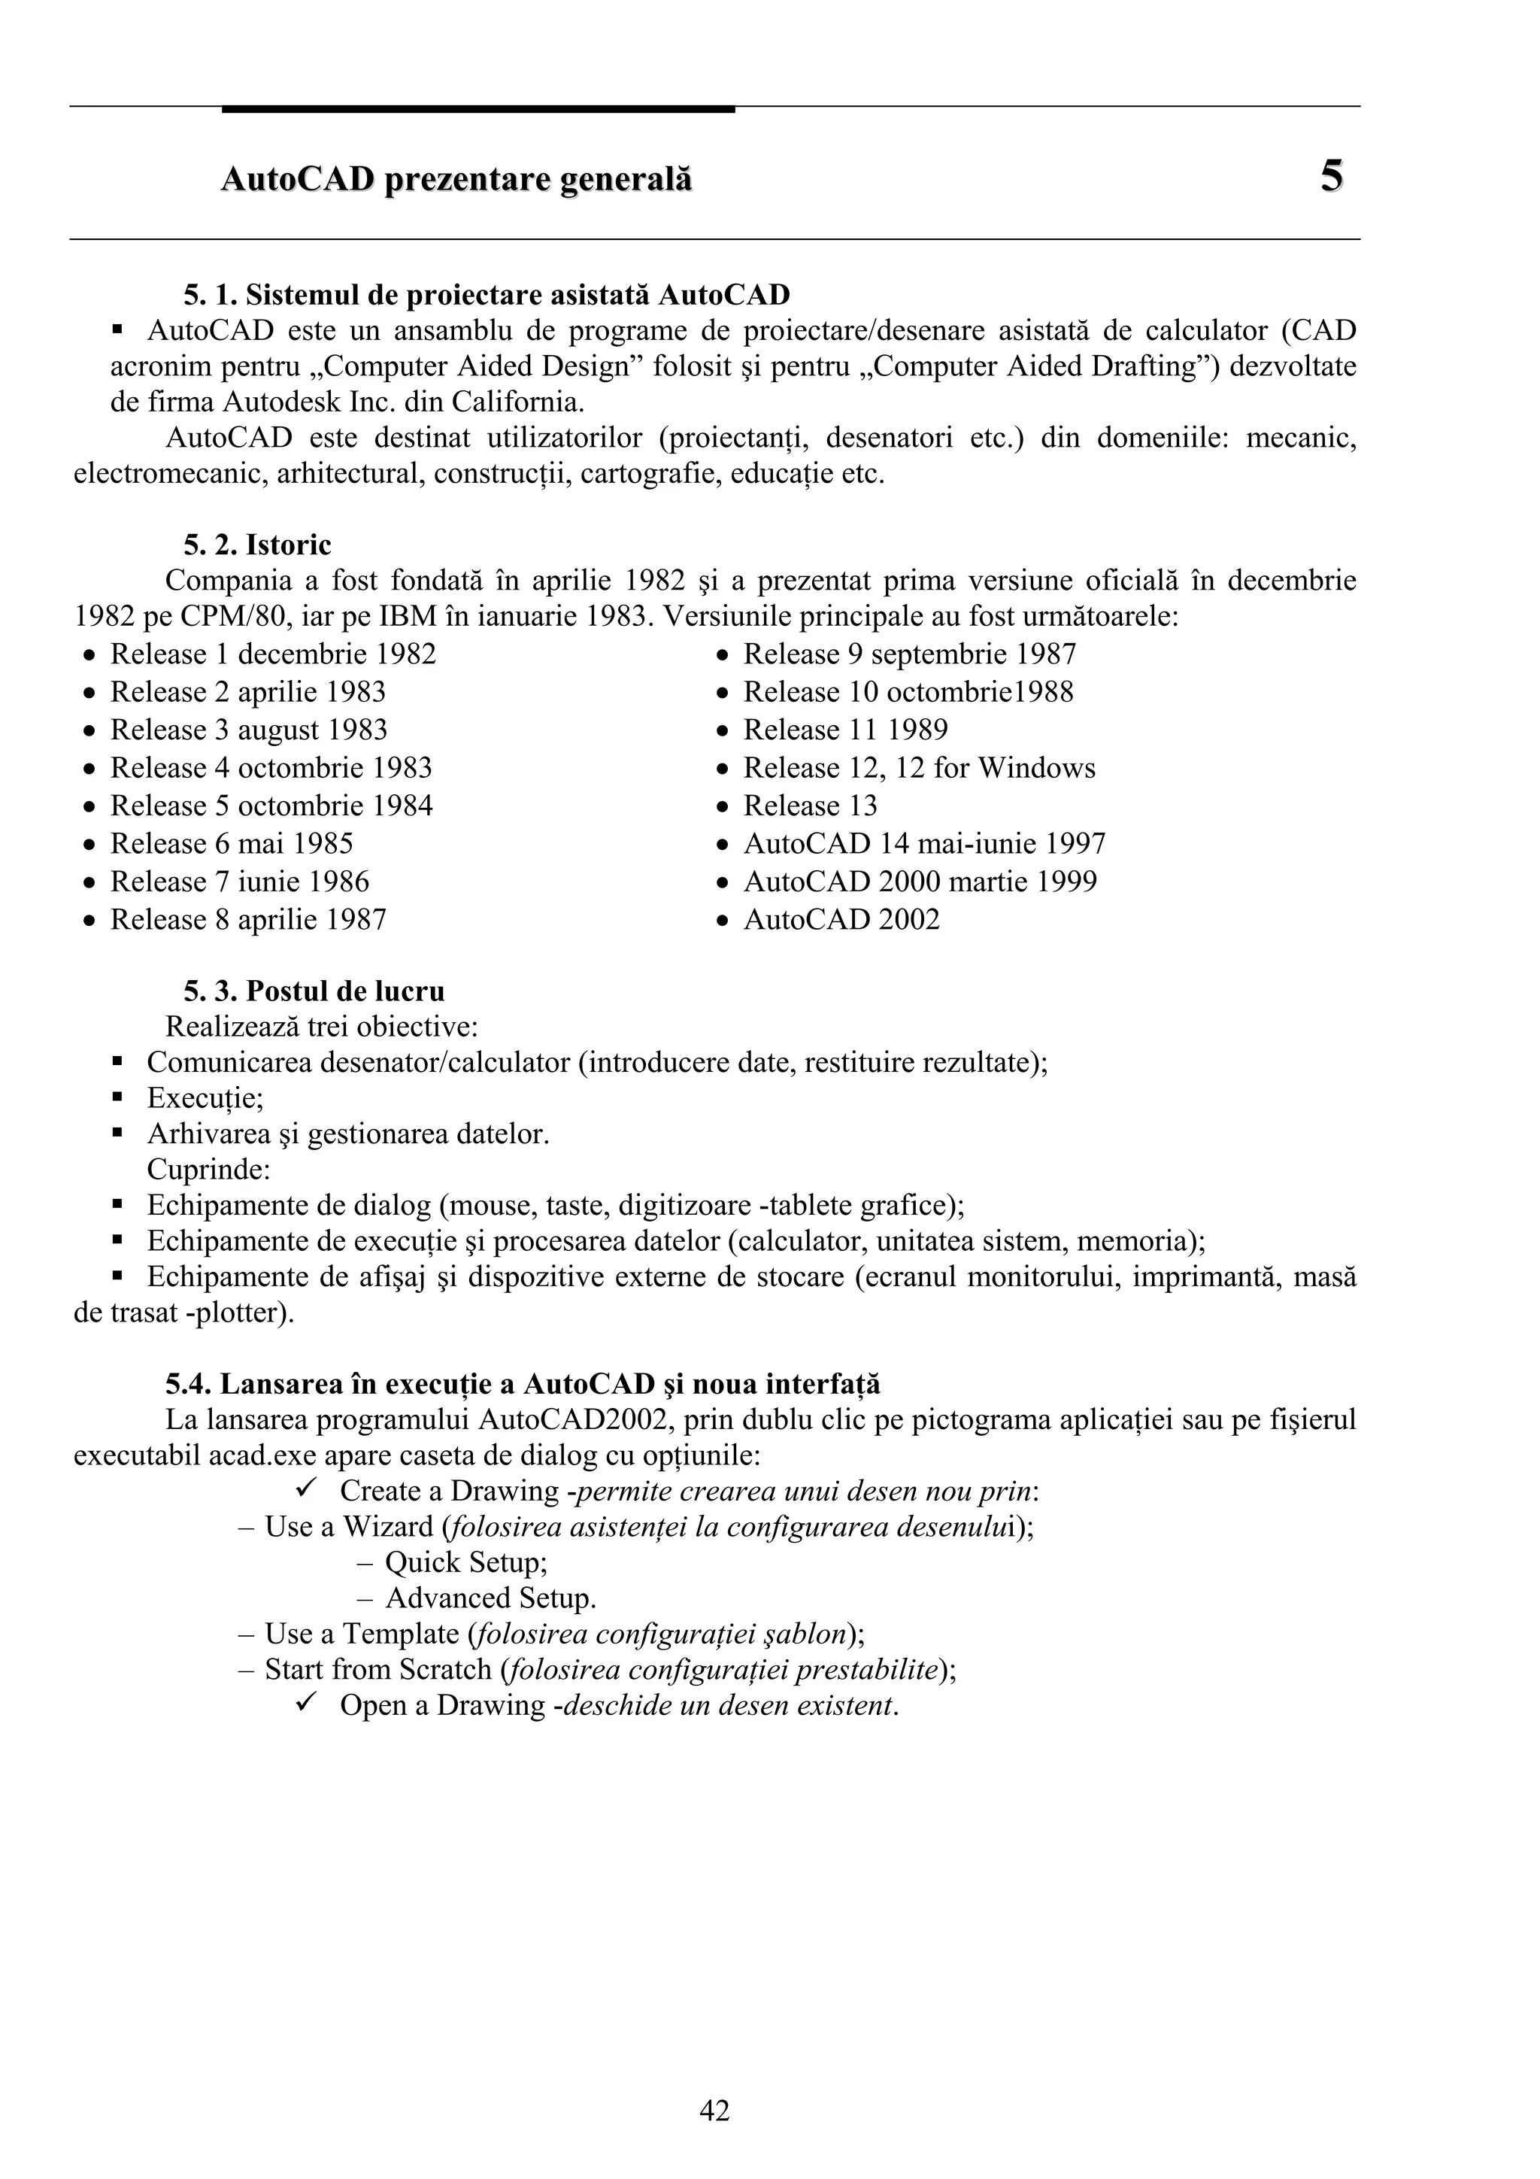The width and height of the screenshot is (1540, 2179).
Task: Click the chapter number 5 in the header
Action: pos(1331,177)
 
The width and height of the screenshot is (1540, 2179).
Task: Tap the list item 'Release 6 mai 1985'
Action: pos(232,844)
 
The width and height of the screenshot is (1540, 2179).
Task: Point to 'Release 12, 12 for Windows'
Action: pos(918,768)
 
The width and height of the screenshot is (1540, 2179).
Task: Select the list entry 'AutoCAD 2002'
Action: pos(841,920)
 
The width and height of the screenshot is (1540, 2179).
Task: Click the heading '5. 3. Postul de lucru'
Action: pos(314,992)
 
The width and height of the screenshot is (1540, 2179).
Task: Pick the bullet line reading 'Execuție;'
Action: pos(205,1098)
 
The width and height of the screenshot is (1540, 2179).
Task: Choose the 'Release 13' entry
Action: pos(809,806)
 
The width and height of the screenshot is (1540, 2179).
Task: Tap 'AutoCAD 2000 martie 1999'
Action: pos(920,882)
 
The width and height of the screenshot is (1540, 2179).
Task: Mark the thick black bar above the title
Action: pos(478,109)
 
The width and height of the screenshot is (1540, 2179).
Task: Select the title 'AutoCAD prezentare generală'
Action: pos(456,179)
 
